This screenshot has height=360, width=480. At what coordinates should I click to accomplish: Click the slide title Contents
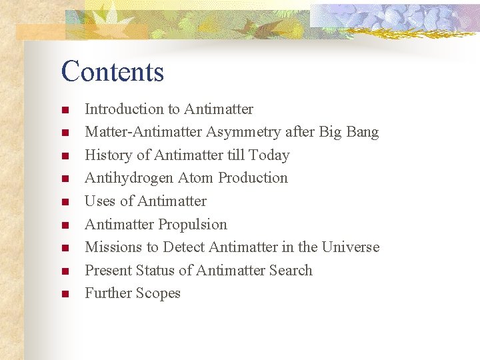tap(112, 71)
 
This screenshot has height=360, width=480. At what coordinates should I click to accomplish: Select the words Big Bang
tap(349, 132)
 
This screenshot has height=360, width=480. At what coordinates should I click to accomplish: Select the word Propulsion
tap(196, 225)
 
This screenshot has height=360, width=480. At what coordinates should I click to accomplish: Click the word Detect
tap(183, 247)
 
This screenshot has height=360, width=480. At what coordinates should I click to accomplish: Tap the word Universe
tap(350, 247)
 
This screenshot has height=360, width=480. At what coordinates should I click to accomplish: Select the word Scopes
tap(157, 293)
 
